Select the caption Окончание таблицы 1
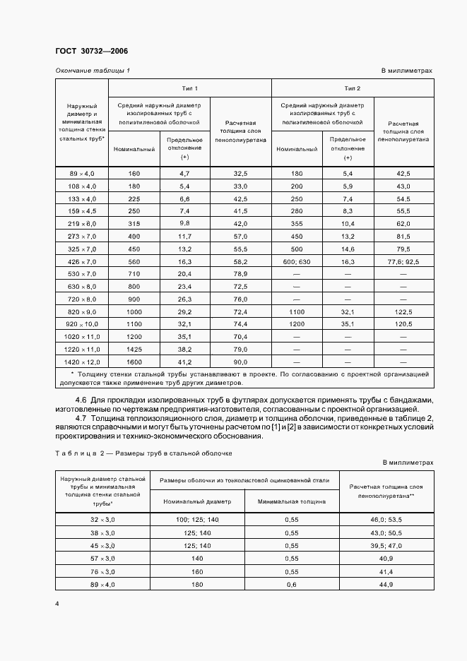pos(93,71)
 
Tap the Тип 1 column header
pos(189,88)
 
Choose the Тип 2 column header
pos(352,88)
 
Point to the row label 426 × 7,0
pos(81,261)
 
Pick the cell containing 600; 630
pos(297,261)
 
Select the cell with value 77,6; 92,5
pos(403,261)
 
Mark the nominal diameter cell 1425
pos(134,350)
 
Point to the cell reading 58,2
pos(240,261)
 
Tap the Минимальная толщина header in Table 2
pos(292,501)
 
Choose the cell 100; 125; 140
pos(197,519)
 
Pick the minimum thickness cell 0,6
pos(292,584)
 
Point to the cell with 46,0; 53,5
pos(386,519)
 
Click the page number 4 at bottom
pos(57,605)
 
